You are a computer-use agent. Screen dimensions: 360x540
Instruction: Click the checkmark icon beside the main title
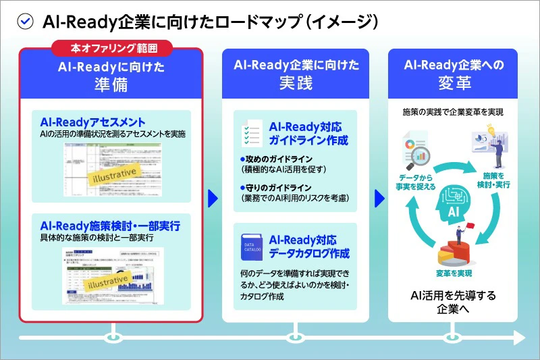pyautogui.click(x=25, y=22)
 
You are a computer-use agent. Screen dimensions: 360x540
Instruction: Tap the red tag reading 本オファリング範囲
pyautogui.click(x=112, y=49)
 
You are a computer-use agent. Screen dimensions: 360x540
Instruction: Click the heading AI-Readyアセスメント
pyautogui.click(x=92, y=122)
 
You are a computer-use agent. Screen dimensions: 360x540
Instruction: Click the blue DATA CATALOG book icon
pyautogui.click(x=249, y=247)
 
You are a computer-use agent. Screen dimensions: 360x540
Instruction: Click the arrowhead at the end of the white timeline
pyautogui.click(x=520, y=336)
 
